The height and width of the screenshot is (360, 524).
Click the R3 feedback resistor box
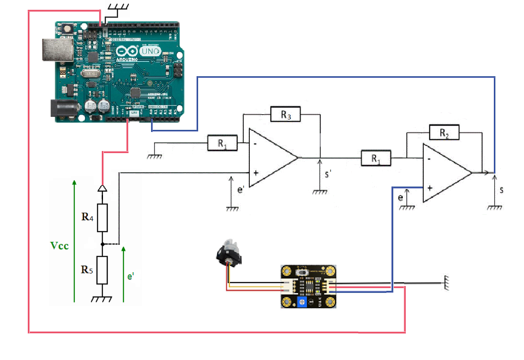pos(285,114)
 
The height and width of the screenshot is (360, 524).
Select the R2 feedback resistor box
pos(444,132)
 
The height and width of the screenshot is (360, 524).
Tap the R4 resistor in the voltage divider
pos(102,218)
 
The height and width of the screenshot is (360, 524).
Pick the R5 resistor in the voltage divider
pos(102,270)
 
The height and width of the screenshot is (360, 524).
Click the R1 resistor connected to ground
pos(222,143)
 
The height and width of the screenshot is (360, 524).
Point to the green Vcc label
pos(60,246)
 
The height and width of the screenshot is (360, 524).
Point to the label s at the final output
pos(501,190)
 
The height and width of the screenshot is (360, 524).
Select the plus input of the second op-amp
pos(429,188)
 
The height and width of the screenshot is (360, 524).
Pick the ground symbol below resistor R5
pos(102,299)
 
